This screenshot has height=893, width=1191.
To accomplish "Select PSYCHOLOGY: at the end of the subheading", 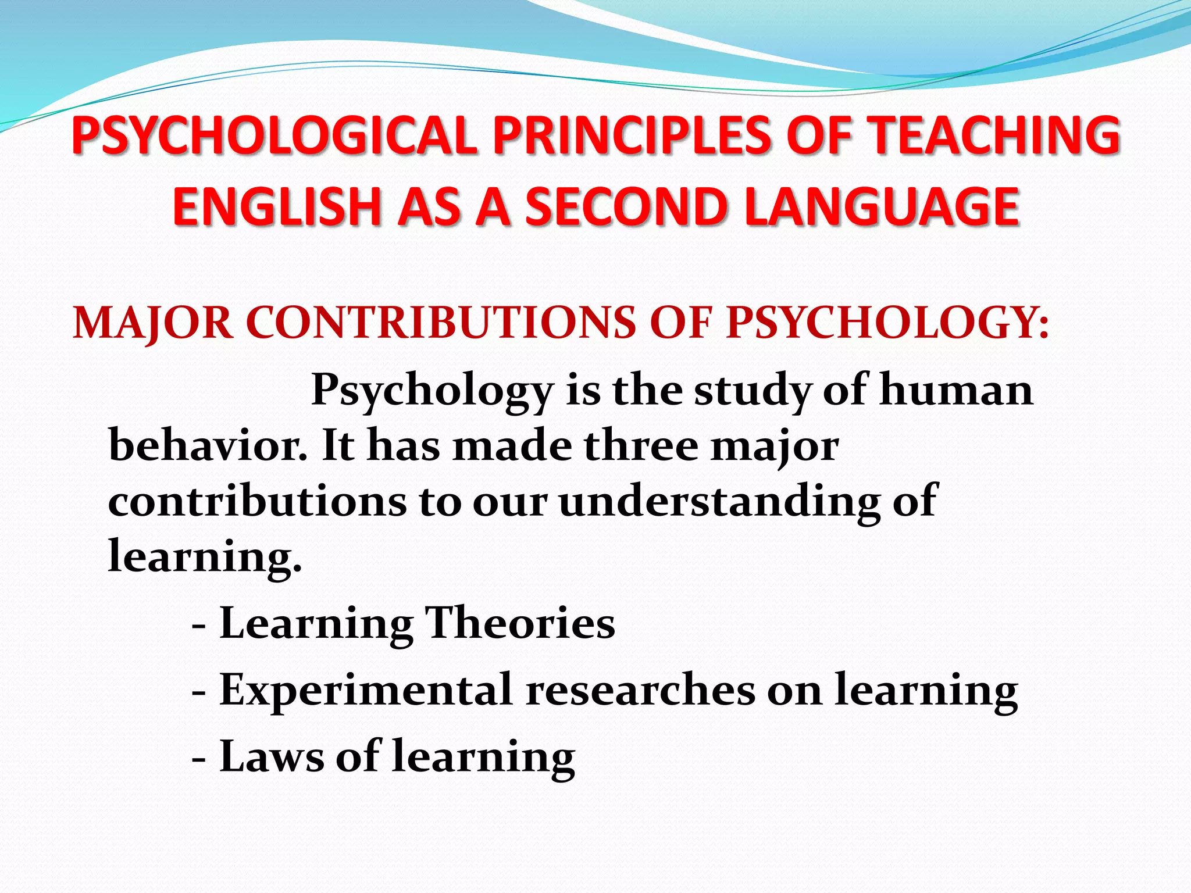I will coord(887,323).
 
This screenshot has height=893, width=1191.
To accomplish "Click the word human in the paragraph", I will coord(956,390).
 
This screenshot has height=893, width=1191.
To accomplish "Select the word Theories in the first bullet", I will coord(520,623).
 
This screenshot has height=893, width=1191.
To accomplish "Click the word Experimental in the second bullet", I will coord(366,690).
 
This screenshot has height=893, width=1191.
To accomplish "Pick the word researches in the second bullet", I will coord(640,690).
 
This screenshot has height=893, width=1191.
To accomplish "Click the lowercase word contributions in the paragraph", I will coord(256,501).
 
